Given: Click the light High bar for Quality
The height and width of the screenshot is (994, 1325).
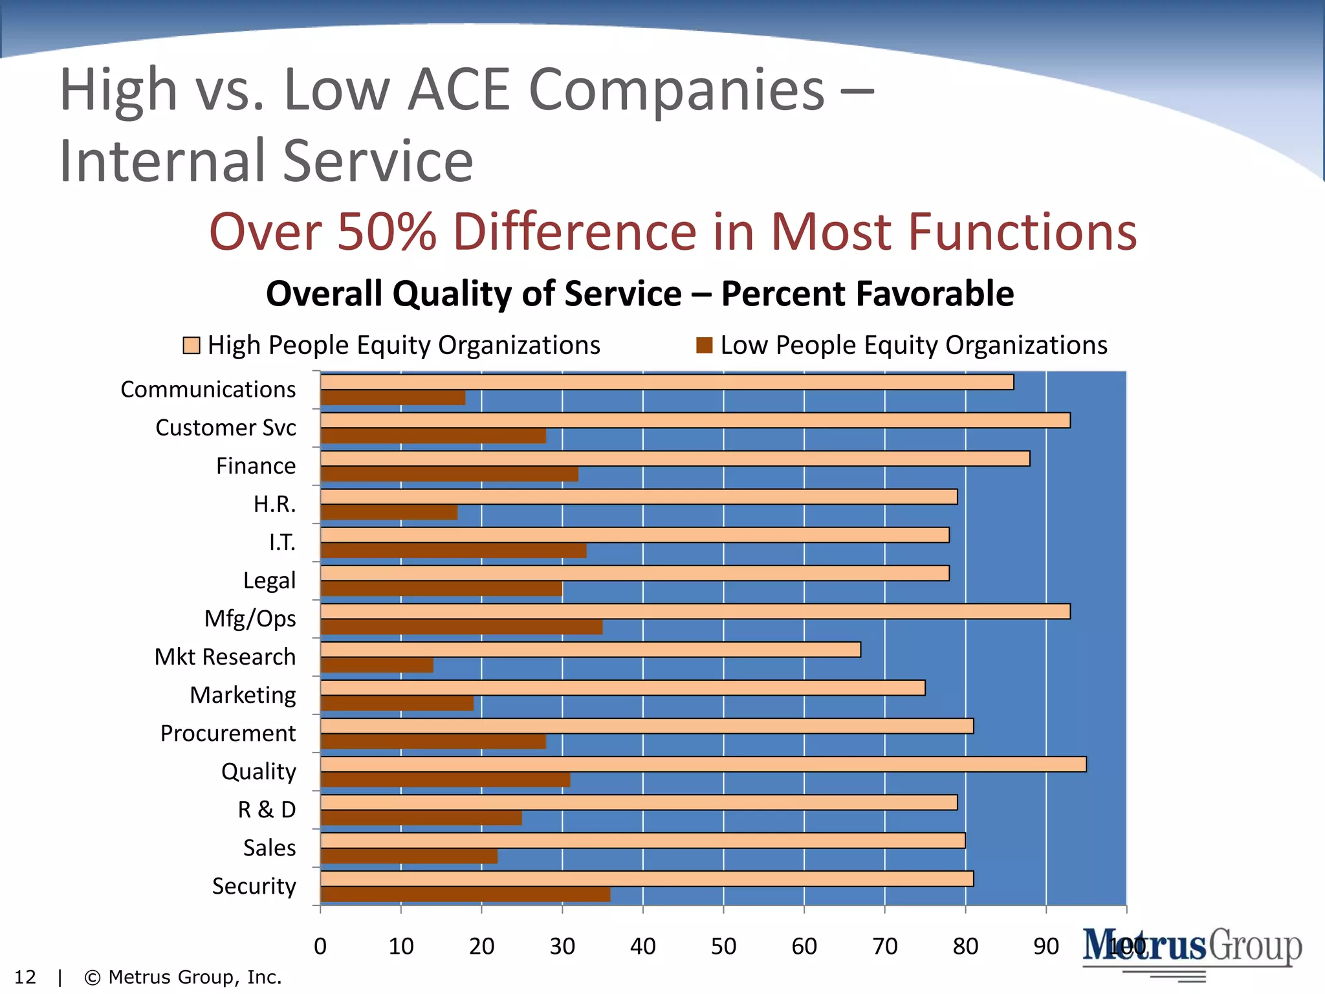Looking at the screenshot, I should (x=703, y=764).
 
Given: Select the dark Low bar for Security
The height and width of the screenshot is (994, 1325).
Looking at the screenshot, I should (x=465, y=894).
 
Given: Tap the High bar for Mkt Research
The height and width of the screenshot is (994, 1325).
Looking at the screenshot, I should (x=590, y=650).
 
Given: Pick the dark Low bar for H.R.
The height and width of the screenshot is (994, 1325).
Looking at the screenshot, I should (x=389, y=513).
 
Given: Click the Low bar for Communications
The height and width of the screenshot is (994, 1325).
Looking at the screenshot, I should (x=393, y=398).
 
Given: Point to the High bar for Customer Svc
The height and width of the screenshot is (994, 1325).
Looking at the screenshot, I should (x=695, y=421).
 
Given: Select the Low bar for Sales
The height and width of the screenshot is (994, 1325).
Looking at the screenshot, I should (x=409, y=856).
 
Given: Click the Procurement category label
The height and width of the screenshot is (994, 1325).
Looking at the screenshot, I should (x=228, y=733).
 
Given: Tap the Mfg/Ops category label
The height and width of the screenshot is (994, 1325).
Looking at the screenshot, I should (x=250, y=619).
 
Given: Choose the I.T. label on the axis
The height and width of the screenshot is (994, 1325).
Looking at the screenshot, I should (x=282, y=542).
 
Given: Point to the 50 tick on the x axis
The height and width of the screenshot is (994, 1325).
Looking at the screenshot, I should (x=723, y=946).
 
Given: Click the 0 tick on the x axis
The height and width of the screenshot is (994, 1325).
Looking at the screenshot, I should (x=320, y=946).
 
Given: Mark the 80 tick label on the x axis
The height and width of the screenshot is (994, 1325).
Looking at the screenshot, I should (x=965, y=946).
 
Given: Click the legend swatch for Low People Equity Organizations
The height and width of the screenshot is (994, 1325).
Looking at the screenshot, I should (x=704, y=346).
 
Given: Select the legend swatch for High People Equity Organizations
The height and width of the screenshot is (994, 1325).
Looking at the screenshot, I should (x=192, y=346).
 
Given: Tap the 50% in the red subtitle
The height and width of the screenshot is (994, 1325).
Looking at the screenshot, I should (x=387, y=232).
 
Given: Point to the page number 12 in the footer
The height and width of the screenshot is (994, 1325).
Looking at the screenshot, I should (x=25, y=977).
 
